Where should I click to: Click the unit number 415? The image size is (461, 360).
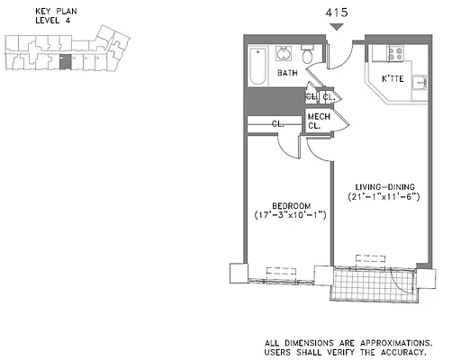(x=337, y=13)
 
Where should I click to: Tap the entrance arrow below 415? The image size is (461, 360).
(x=337, y=28)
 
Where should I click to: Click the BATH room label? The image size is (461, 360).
(x=287, y=73)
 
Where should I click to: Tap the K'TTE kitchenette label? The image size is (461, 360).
(x=392, y=79)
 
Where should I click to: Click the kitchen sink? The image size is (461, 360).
(x=420, y=83)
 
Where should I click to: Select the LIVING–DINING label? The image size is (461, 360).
(x=383, y=185)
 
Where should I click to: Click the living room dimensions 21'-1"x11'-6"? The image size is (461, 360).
(x=383, y=196)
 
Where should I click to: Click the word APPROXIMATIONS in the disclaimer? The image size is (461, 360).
(x=391, y=343)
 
